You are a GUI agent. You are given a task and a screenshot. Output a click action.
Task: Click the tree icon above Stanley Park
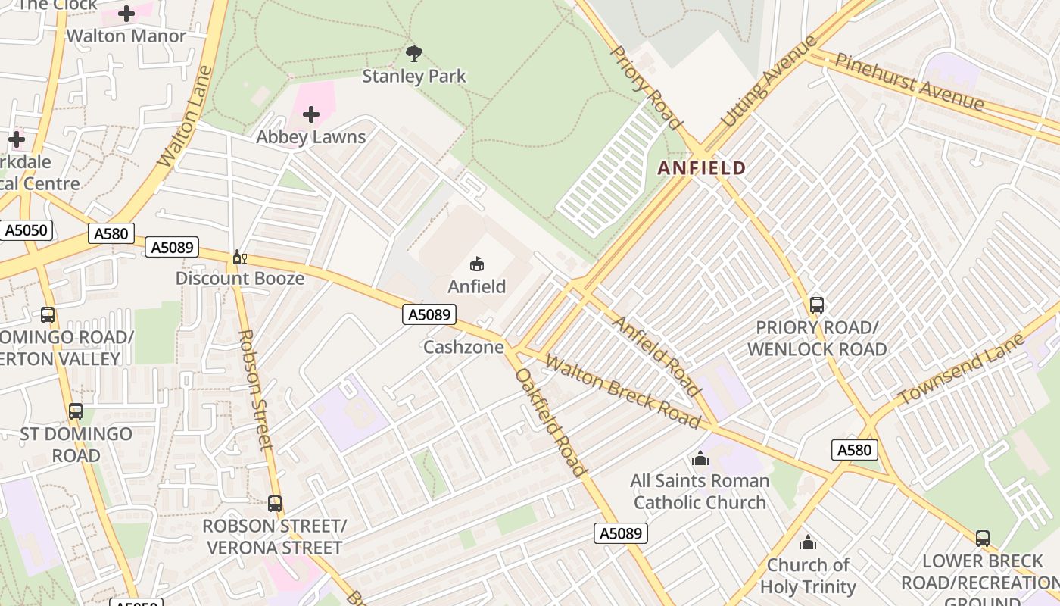[x=413, y=53]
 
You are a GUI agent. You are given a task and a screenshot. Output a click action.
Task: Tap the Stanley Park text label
[x=414, y=77]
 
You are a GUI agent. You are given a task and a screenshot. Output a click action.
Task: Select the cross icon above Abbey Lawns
[x=310, y=115]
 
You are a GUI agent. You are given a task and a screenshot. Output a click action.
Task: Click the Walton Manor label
[x=126, y=36]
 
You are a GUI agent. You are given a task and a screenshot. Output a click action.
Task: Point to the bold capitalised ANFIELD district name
[x=702, y=168]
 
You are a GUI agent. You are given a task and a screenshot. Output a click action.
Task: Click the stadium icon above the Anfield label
[x=477, y=264]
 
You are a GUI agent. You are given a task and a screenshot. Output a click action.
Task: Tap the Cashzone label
[x=463, y=348]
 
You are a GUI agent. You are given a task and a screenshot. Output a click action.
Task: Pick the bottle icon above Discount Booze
[x=239, y=258]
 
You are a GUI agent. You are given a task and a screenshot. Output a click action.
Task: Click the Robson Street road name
[x=255, y=389]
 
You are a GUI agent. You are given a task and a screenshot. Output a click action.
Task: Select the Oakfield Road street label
[x=550, y=422]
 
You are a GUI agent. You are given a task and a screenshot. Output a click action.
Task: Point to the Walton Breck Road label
[x=622, y=392]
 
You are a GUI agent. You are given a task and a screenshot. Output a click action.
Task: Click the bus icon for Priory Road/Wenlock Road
[x=816, y=305]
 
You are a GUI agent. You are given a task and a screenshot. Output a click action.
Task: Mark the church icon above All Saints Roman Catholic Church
[x=700, y=459]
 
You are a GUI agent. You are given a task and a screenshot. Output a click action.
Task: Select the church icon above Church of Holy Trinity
[x=808, y=543]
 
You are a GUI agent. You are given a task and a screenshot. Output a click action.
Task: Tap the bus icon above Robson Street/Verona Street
[x=274, y=504]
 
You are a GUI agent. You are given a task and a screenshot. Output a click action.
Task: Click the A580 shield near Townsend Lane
[x=854, y=450]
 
